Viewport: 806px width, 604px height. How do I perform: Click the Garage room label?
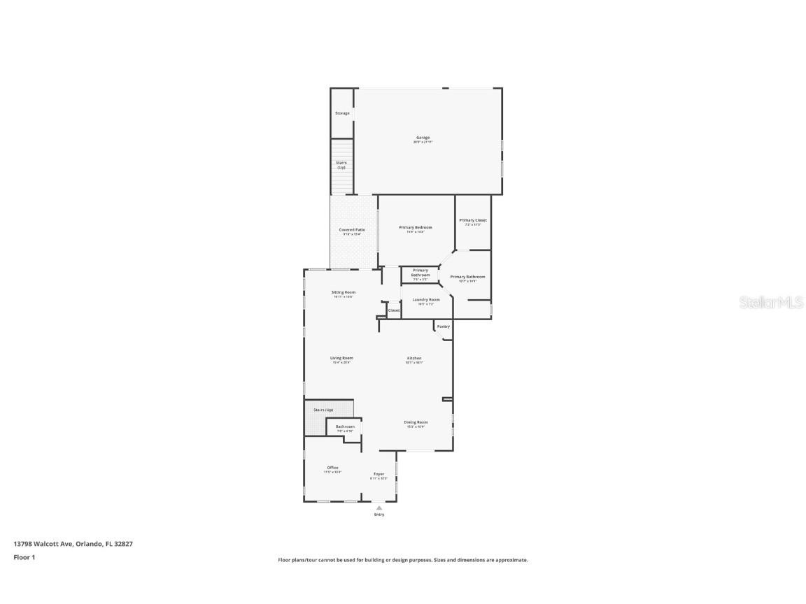click(423, 138)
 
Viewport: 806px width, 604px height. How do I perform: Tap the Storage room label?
click(342, 113)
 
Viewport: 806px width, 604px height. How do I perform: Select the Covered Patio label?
click(352, 230)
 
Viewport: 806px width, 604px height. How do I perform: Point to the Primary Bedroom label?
click(416, 228)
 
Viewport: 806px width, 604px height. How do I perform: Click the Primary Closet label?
click(473, 221)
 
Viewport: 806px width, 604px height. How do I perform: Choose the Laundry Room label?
click(425, 300)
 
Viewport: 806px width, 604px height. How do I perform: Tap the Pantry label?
click(443, 326)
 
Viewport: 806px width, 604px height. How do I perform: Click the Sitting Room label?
click(343, 292)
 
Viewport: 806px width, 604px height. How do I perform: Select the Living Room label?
click(341, 359)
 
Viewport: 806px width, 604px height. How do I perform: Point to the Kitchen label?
click(414, 359)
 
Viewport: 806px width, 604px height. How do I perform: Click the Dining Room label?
click(416, 422)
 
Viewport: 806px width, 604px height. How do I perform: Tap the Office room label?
click(332, 468)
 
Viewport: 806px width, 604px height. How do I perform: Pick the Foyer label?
click(379, 474)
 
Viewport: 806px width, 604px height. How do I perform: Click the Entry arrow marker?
click(379, 508)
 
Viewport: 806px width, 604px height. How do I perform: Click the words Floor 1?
click(24, 557)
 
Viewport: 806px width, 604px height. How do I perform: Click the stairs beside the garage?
click(342, 166)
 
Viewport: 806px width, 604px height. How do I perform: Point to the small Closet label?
click(394, 310)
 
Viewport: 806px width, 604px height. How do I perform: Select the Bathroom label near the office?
click(345, 426)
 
